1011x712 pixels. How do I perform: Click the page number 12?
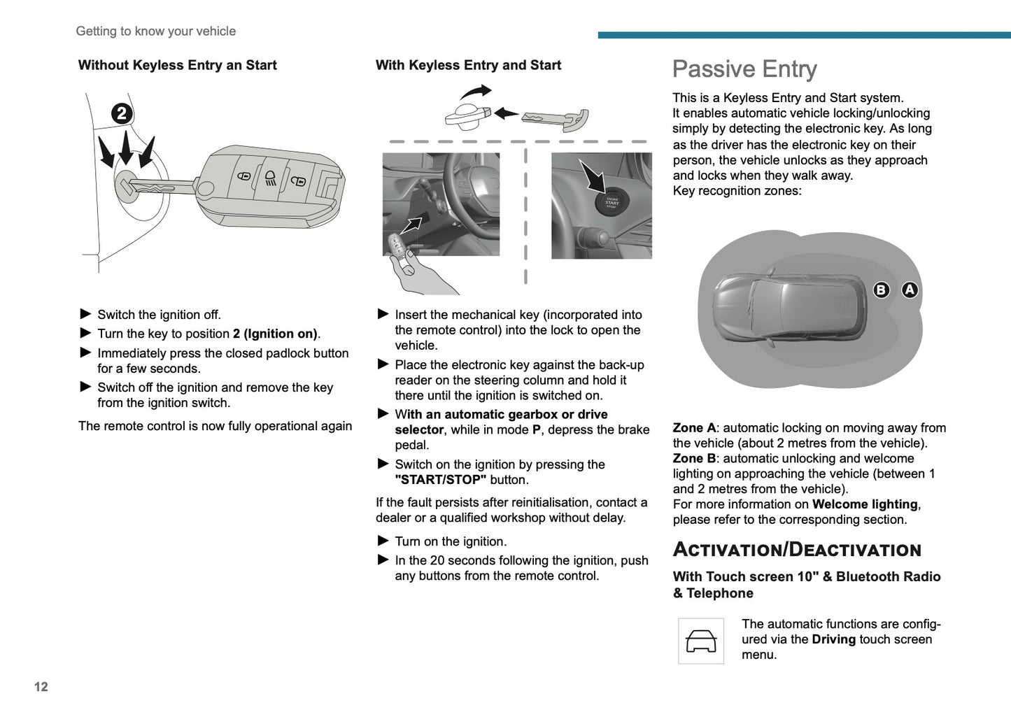click(x=41, y=687)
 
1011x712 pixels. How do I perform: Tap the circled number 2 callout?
click(x=122, y=113)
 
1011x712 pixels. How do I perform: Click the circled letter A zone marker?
click(x=909, y=290)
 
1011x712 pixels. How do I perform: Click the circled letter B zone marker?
click(x=881, y=290)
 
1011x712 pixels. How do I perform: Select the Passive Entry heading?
click(x=744, y=69)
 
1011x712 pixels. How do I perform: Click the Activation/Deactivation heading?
click(x=797, y=550)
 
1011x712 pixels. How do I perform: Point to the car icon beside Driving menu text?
click(x=701, y=641)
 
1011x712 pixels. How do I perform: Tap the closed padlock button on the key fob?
click(x=244, y=176)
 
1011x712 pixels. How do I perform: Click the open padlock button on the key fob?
click(x=298, y=181)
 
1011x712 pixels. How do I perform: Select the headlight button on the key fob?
click(x=271, y=179)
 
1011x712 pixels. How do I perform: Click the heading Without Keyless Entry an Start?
click(x=178, y=65)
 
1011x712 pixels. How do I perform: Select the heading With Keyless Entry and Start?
click(x=468, y=65)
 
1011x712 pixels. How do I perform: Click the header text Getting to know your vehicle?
click(x=155, y=31)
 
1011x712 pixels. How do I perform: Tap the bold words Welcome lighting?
click(x=865, y=504)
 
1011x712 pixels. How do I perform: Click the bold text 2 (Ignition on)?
click(x=275, y=334)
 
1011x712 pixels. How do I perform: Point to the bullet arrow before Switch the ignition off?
click(x=86, y=314)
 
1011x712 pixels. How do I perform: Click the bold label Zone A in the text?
click(x=693, y=428)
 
